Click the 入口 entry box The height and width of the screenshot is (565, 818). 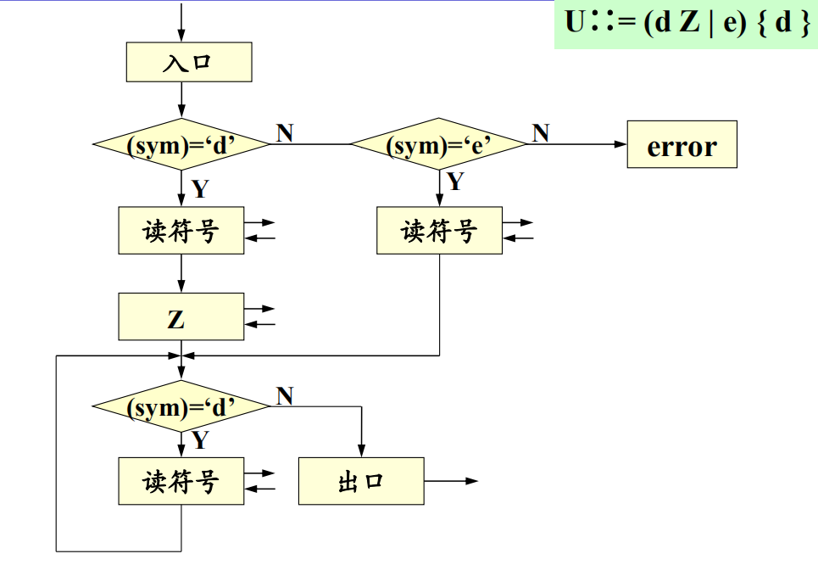(x=189, y=62)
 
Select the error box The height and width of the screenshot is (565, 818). (x=682, y=145)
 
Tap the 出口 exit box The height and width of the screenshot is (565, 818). (x=361, y=481)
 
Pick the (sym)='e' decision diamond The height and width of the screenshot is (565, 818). (x=439, y=145)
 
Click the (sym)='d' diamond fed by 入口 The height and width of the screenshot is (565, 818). (x=181, y=145)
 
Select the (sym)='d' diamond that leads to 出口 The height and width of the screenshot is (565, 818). (x=181, y=407)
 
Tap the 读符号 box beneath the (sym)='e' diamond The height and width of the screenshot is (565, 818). (x=439, y=230)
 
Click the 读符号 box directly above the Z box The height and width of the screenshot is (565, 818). (x=181, y=230)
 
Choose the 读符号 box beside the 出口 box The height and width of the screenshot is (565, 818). (x=181, y=481)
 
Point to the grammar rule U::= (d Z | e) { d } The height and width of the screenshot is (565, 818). (x=687, y=23)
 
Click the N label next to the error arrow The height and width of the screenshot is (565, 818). (x=540, y=132)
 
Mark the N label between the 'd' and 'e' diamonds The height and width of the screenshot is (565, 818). (x=285, y=132)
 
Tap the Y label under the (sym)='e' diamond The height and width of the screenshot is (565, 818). (x=455, y=182)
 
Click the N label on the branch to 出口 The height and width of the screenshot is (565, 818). (x=285, y=395)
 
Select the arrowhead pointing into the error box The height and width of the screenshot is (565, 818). (x=620, y=145)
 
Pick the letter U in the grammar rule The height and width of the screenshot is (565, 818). (x=575, y=23)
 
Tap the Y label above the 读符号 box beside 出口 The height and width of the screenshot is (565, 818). (x=199, y=440)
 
